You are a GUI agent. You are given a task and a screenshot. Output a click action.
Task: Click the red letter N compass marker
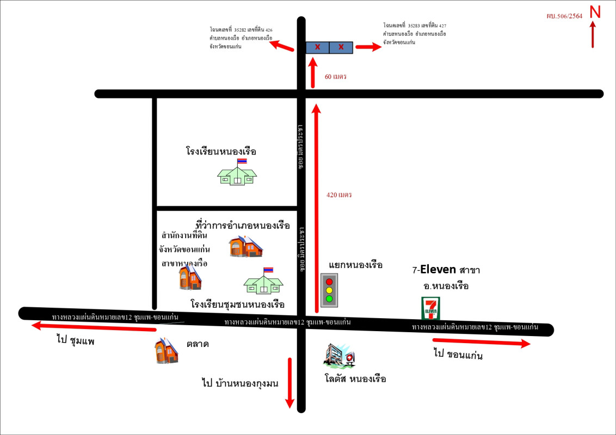coord(595,13)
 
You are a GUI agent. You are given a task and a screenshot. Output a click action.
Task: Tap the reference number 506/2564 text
coord(564,16)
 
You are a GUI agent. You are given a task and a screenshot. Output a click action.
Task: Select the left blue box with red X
coord(317,47)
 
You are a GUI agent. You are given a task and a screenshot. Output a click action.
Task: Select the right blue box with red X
coord(341,47)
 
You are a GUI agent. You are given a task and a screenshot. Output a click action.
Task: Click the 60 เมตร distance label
coord(335,77)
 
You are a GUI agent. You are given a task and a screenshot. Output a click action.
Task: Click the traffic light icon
coord(329,290)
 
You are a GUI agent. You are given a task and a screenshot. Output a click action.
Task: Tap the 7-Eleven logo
coord(430,308)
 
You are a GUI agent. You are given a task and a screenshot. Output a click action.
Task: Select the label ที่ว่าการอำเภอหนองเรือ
coord(242,225)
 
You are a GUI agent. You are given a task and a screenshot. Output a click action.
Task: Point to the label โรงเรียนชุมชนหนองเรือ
coord(238,303)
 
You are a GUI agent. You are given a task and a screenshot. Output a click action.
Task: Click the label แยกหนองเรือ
coord(356,265)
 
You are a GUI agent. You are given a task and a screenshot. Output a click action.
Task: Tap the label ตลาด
coord(198,344)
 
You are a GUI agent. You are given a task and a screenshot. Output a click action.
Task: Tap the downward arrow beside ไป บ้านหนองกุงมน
coord(289,382)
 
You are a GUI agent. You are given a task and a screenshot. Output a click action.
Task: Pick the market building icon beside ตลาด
coord(167,351)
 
